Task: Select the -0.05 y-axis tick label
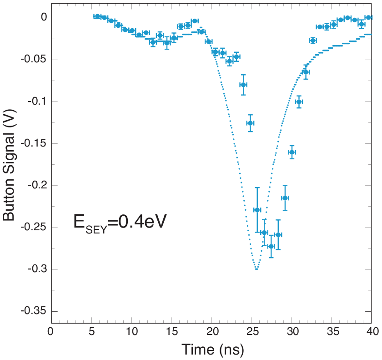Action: pos(33,60)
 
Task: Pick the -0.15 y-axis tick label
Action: pos(33,144)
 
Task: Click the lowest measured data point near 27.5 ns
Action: pos(271,246)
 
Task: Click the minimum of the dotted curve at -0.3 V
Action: pos(257,269)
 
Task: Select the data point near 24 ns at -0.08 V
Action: pos(243,85)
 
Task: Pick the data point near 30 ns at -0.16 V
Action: pos(292,152)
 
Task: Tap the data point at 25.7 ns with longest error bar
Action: pos(257,210)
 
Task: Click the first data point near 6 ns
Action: pos(97,16)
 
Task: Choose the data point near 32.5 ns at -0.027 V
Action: pos(313,41)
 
